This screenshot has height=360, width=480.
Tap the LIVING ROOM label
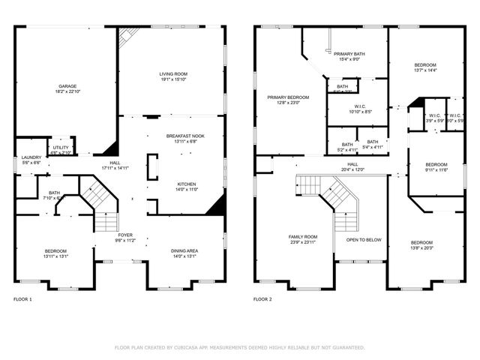click(173, 74)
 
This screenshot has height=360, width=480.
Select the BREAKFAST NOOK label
click(184, 136)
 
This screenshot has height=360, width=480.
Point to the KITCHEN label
click(187, 184)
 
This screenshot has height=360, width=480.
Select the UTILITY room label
click(61, 148)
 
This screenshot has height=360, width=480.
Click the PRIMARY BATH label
click(349, 54)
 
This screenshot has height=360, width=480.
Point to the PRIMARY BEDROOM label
click(288, 97)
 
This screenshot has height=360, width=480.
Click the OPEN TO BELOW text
click(363, 240)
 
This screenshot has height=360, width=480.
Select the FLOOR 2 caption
click(262, 298)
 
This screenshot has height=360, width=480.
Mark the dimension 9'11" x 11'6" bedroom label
click(436, 170)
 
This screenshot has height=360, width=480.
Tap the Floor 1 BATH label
click(54, 192)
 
